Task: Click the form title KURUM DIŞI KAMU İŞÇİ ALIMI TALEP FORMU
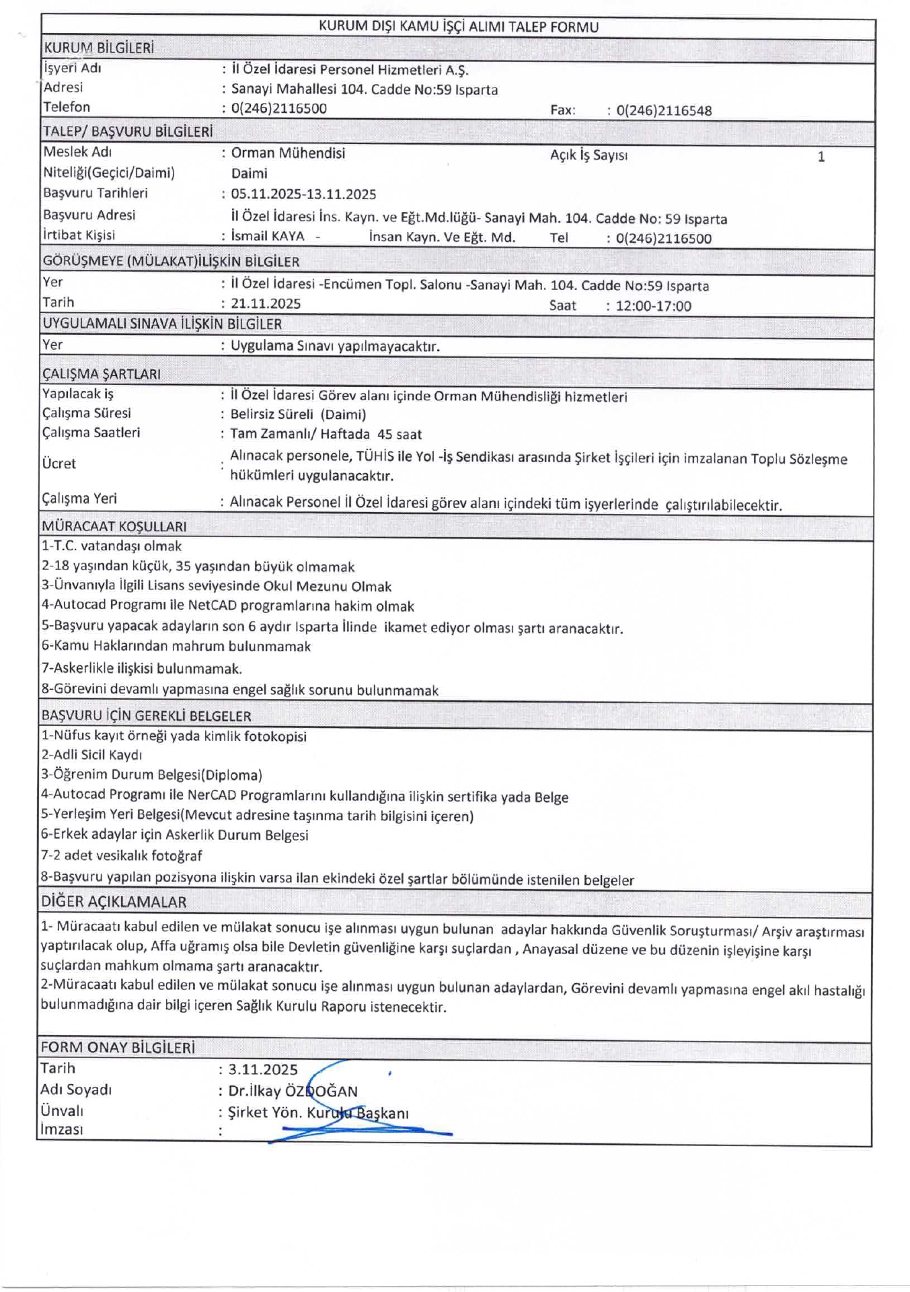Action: (x=458, y=27)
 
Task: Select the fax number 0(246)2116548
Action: (x=664, y=110)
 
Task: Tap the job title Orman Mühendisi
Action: (x=288, y=153)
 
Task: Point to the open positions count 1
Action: (x=821, y=157)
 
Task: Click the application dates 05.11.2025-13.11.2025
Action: (x=303, y=194)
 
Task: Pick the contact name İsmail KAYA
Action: (x=268, y=236)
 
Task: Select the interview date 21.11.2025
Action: (x=266, y=303)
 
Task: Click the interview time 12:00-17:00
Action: (x=653, y=306)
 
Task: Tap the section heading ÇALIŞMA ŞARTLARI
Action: (x=102, y=374)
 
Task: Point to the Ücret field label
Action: (x=59, y=464)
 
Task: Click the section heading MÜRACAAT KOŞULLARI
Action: (x=114, y=526)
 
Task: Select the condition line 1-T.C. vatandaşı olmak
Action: (x=112, y=546)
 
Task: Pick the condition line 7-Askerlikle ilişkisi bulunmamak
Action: (x=142, y=669)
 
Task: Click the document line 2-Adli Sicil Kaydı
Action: (x=92, y=755)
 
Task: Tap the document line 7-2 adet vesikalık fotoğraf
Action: (x=122, y=856)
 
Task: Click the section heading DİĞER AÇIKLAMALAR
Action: (x=114, y=902)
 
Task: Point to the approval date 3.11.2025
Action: (x=263, y=1070)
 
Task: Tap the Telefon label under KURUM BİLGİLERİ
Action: (x=67, y=107)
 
